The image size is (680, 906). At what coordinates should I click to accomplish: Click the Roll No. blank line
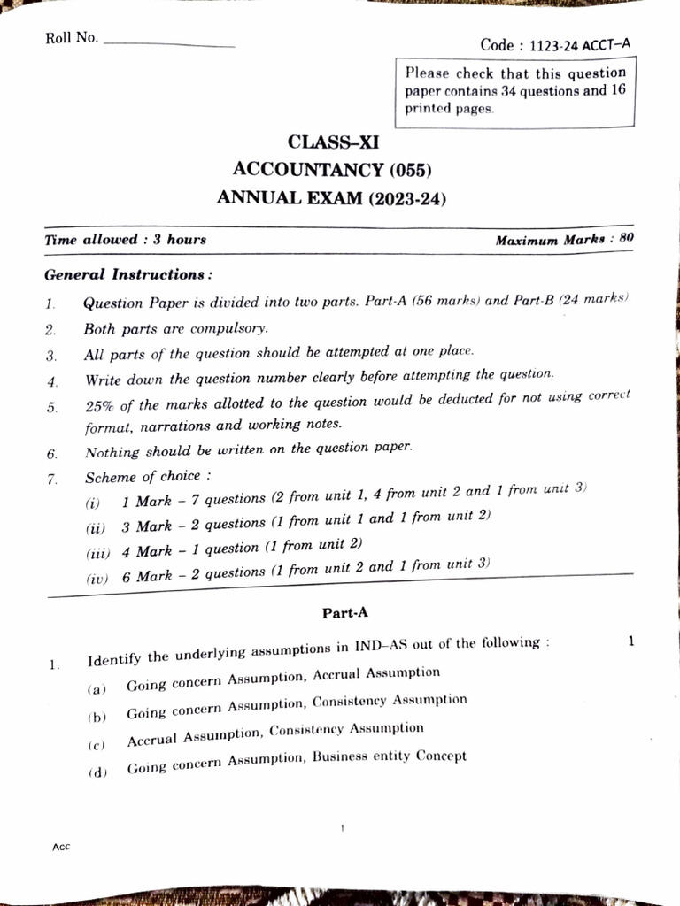click(x=169, y=44)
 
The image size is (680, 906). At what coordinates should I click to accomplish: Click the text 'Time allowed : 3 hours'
click(x=125, y=240)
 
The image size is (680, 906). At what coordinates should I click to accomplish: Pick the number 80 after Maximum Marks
click(x=627, y=238)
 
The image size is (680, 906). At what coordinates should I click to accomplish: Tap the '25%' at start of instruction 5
click(x=99, y=406)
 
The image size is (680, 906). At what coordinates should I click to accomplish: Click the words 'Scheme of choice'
click(x=143, y=478)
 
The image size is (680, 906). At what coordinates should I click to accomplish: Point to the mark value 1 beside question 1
click(x=630, y=641)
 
